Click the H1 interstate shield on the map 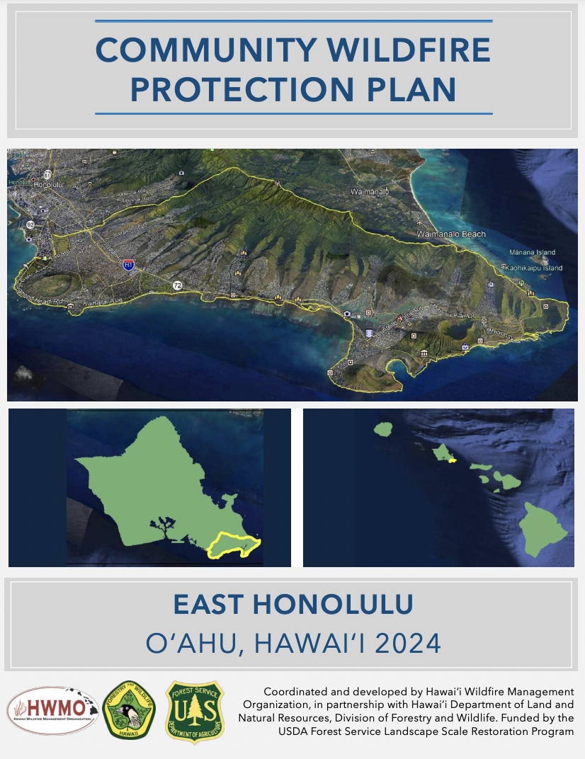pos(128,265)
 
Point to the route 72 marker pos(176,285)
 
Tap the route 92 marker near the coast pos(30,224)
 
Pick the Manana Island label pos(532,252)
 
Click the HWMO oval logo pos(52,711)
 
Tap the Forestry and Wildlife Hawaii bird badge pos(130,711)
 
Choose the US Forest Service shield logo pos(193,712)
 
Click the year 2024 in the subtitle pos(407,644)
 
